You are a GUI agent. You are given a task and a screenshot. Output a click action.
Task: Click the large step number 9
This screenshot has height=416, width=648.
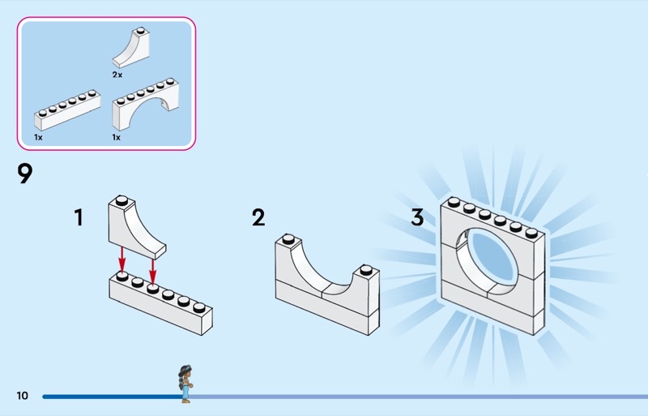25,174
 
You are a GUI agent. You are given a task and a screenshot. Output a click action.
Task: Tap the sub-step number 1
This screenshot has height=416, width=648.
79,217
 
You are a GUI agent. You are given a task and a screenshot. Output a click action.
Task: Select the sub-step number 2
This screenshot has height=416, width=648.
258,217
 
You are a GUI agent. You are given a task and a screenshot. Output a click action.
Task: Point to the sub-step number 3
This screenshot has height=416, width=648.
417,217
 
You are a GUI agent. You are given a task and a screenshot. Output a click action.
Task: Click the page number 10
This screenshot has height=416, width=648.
22,396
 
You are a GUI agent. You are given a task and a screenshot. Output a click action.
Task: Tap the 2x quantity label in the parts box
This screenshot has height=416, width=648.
117,74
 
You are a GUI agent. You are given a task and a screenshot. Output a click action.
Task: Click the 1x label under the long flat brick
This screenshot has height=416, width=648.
38,137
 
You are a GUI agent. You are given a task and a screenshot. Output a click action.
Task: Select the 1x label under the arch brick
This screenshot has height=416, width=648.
117,137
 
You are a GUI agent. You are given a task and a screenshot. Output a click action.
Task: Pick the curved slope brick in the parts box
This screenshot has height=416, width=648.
134,49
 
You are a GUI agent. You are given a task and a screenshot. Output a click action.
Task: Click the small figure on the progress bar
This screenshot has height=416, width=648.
185,384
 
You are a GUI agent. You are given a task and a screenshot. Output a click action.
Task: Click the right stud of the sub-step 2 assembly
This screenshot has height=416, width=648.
368,270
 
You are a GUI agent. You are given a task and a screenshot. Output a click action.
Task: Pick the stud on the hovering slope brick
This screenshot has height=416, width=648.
121,200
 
